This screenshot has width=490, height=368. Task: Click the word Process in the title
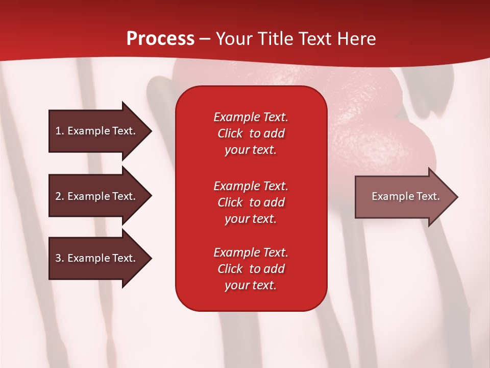click(160, 39)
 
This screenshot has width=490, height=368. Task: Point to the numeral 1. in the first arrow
click(60, 131)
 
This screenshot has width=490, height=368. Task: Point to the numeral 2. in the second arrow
click(60, 196)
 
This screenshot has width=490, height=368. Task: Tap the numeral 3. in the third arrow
click(60, 258)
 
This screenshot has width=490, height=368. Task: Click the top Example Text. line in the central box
click(251, 117)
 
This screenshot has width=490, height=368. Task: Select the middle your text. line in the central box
click(251, 219)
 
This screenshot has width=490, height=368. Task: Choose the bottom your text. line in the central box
click(251, 286)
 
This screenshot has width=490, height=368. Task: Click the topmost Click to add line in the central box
click(251, 133)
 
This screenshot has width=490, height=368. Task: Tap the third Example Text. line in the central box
click(251, 252)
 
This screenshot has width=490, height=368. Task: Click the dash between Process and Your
click(205, 39)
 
